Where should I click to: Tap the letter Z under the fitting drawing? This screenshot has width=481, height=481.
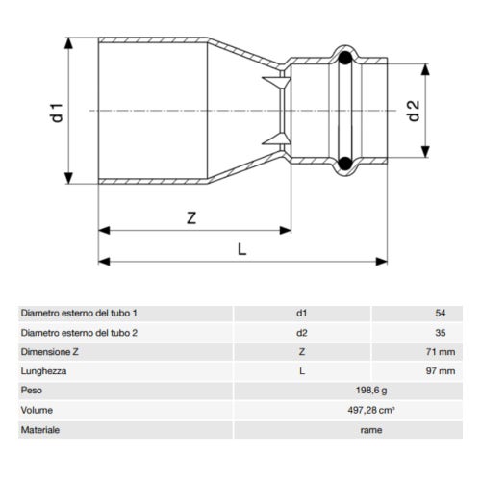(191, 218)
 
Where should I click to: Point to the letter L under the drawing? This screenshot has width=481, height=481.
(241, 249)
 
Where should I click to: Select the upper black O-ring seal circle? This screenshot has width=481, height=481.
(344, 60)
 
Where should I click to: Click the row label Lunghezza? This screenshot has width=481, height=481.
(41, 371)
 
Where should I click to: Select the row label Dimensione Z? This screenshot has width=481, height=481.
(49, 352)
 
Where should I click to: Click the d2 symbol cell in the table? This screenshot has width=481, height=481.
(301, 333)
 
